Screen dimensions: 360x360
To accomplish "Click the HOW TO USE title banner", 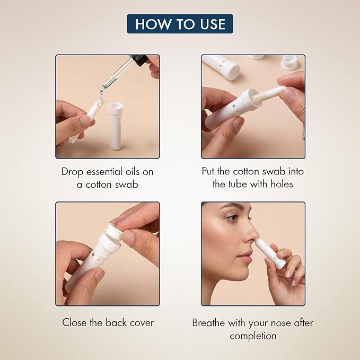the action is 180,24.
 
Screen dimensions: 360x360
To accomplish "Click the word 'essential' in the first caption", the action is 104,172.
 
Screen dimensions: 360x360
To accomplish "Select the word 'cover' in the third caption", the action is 142,323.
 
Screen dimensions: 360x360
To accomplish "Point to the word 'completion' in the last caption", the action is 253,336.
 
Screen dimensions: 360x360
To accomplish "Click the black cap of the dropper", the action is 139,60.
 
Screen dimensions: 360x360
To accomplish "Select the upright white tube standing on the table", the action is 116,126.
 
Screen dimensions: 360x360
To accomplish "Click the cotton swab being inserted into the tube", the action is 268,94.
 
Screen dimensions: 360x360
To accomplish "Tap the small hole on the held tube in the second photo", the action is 234,107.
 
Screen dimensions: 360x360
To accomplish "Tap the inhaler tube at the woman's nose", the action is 271,254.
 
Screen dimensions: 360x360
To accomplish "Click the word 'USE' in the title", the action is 213,24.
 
